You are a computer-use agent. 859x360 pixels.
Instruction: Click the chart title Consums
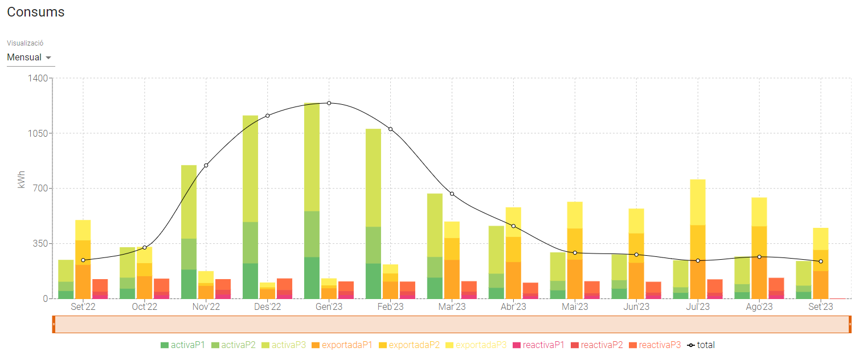[35, 12]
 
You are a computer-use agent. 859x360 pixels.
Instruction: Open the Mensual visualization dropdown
[30, 58]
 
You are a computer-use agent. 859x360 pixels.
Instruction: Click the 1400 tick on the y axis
[38, 78]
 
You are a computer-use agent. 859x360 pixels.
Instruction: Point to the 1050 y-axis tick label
[38, 133]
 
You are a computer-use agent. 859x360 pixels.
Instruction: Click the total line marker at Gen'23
[329, 103]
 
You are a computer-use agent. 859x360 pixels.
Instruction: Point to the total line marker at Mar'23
[452, 194]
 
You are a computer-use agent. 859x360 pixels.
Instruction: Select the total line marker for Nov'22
[206, 165]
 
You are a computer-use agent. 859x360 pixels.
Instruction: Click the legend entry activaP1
[183, 345]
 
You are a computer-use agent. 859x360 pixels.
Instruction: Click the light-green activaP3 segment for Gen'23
[312, 157]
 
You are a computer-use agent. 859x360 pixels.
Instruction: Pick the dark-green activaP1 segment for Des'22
[250, 281]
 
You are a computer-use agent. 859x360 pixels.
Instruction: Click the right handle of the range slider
[849, 324]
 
